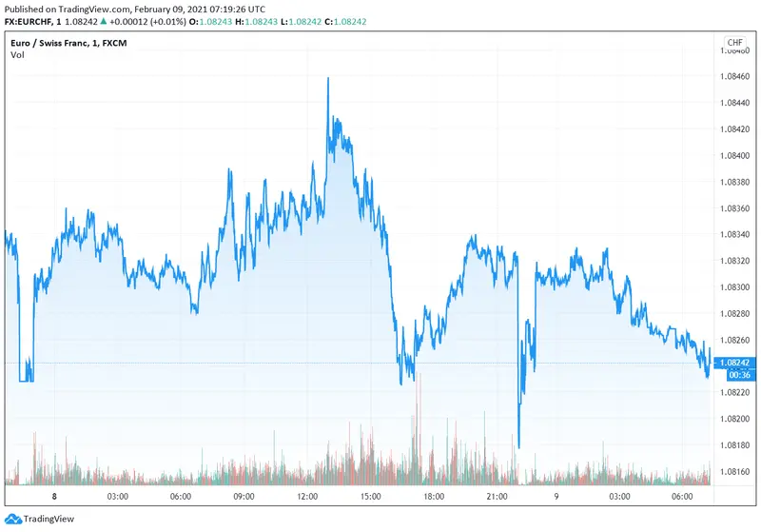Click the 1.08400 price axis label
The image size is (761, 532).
(x=737, y=154)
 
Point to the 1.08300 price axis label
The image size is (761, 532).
(x=737, y=286)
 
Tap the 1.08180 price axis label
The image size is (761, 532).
(x=737, y=444)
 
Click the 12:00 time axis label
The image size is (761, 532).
(x=307, y=496)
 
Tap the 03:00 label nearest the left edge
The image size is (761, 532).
(x=117, y=496)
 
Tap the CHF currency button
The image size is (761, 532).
(x=735, y=43)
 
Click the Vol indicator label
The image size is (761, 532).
(x=17, y=55)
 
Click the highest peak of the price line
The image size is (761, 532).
(x=328, y=79)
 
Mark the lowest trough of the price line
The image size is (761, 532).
(x=518, y=446)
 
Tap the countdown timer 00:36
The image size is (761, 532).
(x=734, y=374)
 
